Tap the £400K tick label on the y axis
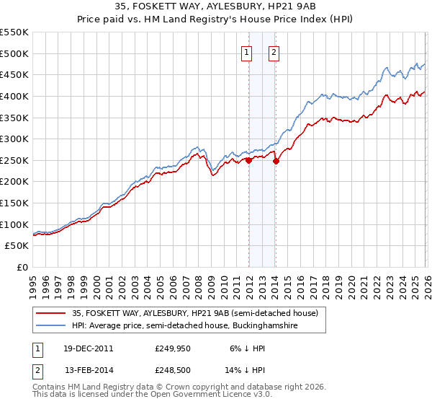(x=14, y=96)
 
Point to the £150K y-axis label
(x=14, y=203)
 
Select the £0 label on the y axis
(x=22, y=267)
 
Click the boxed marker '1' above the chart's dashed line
(x=247, y=52)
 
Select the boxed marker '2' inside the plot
(x=275, y=52)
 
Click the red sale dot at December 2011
(x=249, y=161)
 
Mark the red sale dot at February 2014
(x=276, y=162)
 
